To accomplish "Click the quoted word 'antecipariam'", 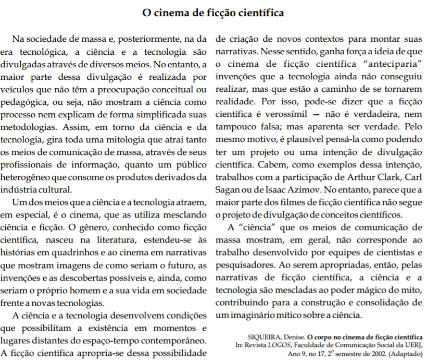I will point(384,64).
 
